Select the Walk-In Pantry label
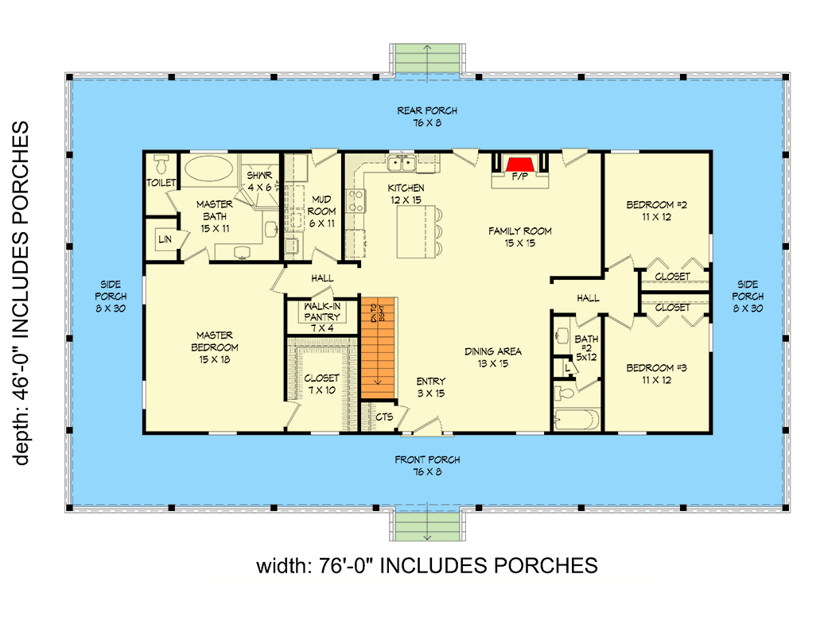(x=322, y=312)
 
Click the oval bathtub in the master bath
(x=208, y=169)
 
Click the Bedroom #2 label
(x=656, y=209)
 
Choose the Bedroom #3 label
(x=656, y=373)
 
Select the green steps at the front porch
(x=428, y=525)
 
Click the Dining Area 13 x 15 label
(x=492, y=357)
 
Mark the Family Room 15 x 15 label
(x=519, y=236)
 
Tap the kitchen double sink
(x=399, y=164)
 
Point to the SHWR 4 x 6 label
(x=259, y=180)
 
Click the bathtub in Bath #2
(x=576, y=418)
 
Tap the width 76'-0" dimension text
(x=426, y=565)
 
